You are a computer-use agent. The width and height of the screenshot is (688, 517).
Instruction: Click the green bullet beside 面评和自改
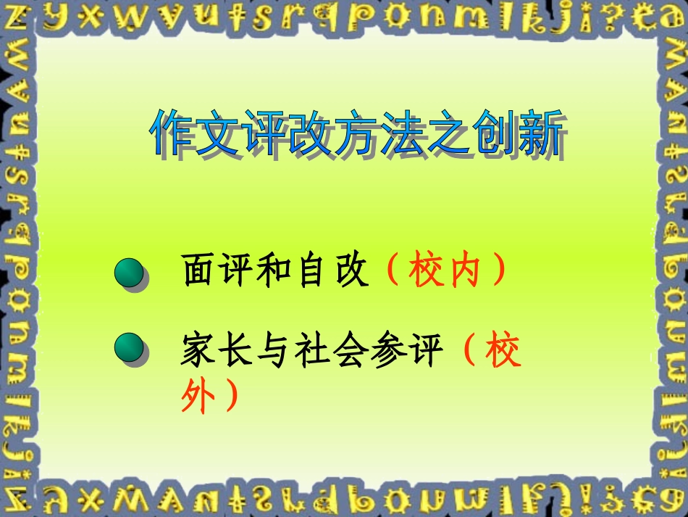(x=130, y=275)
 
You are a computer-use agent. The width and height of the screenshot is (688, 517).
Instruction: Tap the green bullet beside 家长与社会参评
(x=130, y=349)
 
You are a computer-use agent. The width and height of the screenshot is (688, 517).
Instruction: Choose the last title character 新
(x=540, y=133)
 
